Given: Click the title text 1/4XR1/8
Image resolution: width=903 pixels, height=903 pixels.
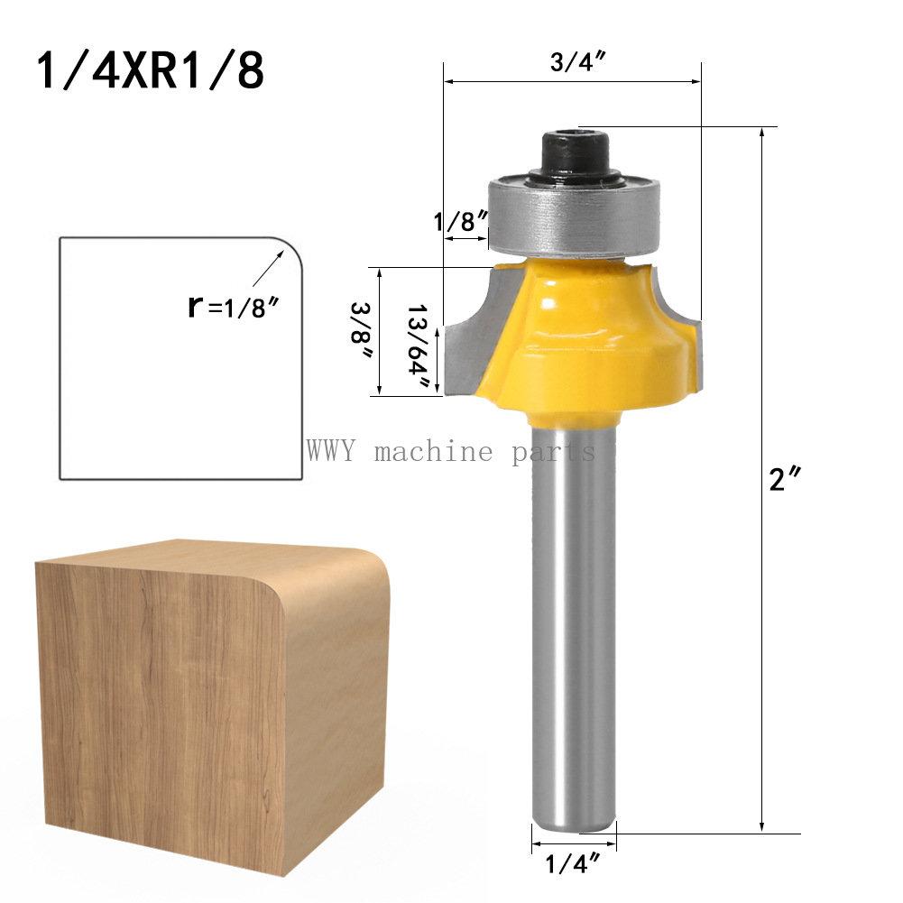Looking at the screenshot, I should [x=151, y=70].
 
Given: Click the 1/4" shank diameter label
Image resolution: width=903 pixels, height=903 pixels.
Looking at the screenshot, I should [x=572, y=865].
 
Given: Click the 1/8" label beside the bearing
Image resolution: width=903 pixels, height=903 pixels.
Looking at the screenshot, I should [x=460, y=222].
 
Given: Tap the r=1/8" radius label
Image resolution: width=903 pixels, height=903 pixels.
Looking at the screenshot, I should [x=232, y=307].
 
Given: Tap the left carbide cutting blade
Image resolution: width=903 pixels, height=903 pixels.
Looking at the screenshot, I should [x=469, y=343].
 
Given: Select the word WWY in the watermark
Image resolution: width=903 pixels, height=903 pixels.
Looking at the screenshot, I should [x=333, y=450].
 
